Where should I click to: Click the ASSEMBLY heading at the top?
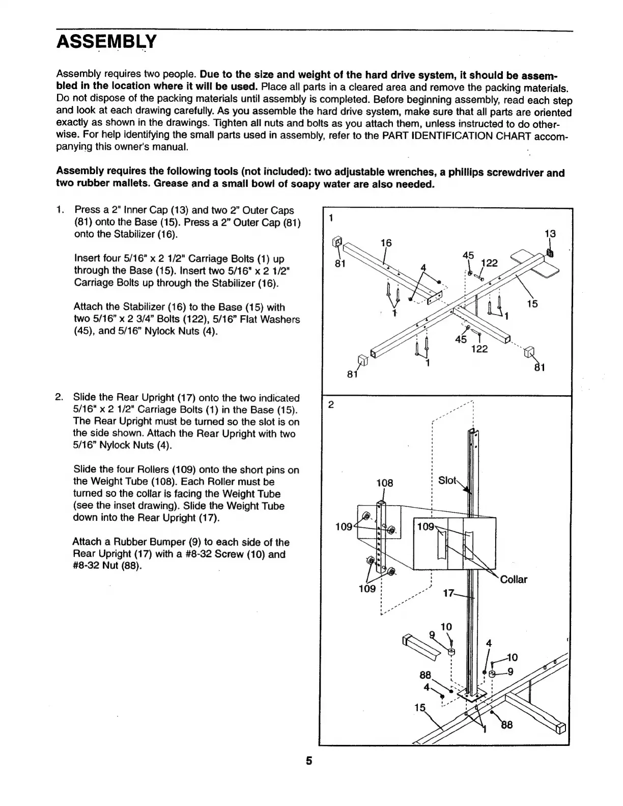tap(106, 41)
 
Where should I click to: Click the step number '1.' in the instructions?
tap(61, 210)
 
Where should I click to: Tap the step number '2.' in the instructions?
tap(60, 397)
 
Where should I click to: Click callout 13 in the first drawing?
tap(550, 234)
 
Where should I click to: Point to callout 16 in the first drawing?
tap(386, 243)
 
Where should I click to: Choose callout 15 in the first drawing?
tap(532, 304)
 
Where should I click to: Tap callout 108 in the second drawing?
tap(384, 483)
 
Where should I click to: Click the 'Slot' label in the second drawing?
tap(447, 480)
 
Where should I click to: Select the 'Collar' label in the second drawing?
tap(514, 579)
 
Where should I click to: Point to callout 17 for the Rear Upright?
tap(448, 593)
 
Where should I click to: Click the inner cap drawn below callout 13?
tap(550, 253)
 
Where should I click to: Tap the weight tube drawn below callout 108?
tap(382, 535)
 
